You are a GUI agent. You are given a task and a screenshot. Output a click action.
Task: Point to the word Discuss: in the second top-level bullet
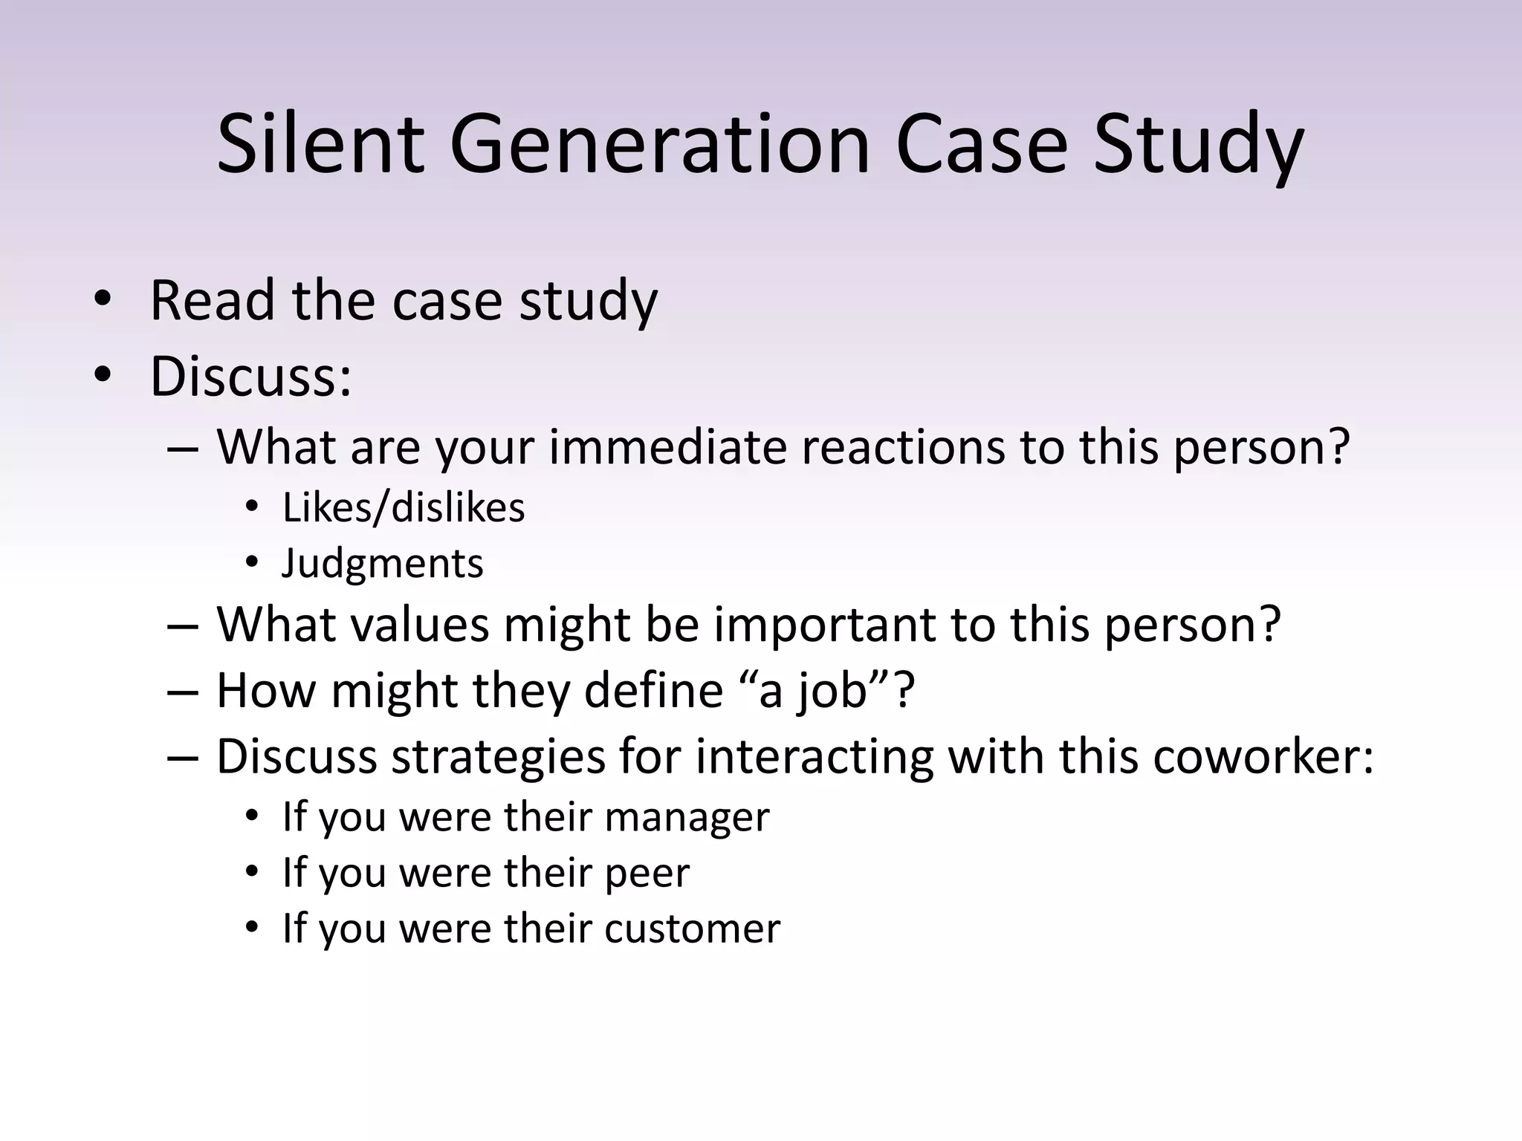[250, 376]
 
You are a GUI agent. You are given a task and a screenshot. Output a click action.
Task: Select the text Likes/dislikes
[404, 508]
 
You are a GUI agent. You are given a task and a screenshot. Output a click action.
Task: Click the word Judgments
[383, 563]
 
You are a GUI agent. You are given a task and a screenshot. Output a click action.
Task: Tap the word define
[653, 690]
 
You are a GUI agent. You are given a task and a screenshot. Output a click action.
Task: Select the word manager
[687, 817]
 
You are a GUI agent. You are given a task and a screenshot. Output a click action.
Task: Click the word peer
[647, 873]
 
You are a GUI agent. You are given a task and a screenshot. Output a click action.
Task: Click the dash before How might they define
[183, 692]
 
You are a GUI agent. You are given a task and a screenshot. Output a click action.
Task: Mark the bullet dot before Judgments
[252, 564]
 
